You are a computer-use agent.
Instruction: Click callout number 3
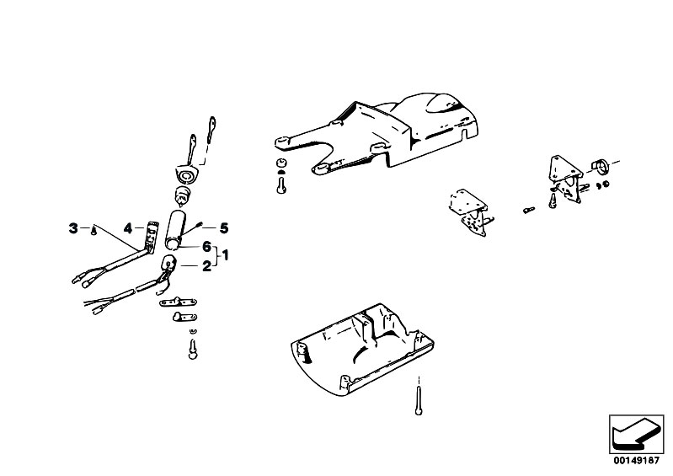tap(73, 228)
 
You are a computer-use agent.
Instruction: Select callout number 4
tap(128, 228)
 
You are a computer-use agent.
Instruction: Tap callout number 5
tap(224, 228)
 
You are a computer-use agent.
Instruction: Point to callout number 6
tap(207, 247)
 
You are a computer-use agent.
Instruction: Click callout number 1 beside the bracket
tap(226, 256)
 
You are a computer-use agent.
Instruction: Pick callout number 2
tap(207, 266)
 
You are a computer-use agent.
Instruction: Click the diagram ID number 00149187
tap(636, 461)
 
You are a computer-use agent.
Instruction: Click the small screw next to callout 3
tap(94, 231)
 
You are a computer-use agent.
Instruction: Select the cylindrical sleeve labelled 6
tap(175, 230)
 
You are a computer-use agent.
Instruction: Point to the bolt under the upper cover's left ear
tap(281, 185)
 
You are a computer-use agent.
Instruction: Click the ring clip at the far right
tap(601, 166)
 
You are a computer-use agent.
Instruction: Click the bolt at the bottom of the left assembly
tap(193, 349)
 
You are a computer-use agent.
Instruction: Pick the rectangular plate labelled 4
tap(150, 237)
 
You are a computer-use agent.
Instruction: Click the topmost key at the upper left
tap(211, 129)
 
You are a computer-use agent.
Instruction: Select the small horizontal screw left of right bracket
tap(529, 210)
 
